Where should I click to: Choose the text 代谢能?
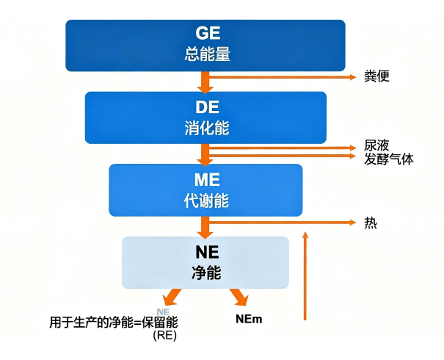point(205,199)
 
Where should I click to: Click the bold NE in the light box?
point(205,252)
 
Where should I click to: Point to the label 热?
point(371,223)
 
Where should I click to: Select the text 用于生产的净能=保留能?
point(114,322)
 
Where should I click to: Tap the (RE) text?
point(165,336)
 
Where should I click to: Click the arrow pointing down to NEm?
point(238,297)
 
